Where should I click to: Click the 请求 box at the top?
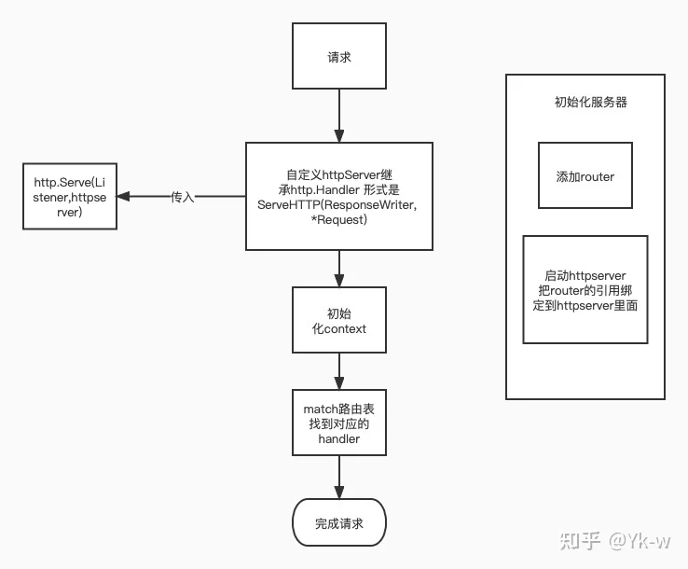(339, 56)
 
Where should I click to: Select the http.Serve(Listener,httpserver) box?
(70, 196)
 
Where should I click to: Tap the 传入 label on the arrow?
(183, 197)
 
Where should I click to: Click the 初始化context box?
(339, 320)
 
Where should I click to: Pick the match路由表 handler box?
(339, 423)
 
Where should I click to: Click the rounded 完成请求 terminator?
(339, 522)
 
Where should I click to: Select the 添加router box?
(585, 175)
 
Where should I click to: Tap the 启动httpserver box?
(585, 290)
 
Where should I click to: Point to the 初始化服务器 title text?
(591, 102)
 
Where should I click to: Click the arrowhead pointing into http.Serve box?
(123, 196)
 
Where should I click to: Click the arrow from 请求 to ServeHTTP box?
(339, 116)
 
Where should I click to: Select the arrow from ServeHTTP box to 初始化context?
(339, 269)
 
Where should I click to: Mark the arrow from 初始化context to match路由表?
(339, 371)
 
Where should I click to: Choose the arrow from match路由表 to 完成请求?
(339, 477)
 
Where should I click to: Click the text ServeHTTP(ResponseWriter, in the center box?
(337, 205)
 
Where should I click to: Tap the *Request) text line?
(338, 219)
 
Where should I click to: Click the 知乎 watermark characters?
(580, 540)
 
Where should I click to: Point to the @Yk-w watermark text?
(640, 540)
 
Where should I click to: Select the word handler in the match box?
(339, 438)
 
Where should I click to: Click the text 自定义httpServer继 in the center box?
(339, 174)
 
